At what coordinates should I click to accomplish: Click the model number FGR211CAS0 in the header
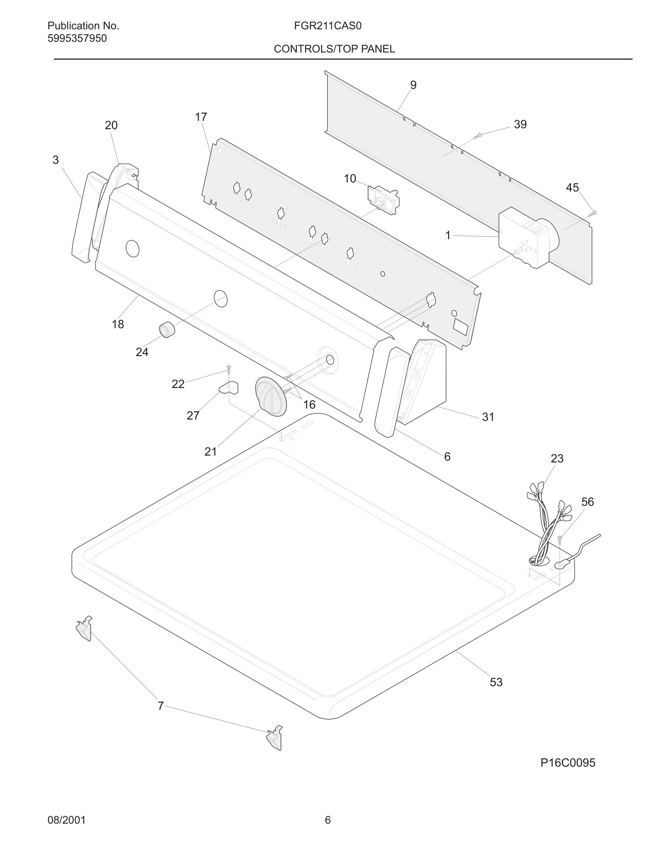328,26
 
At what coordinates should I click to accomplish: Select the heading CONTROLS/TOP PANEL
334,49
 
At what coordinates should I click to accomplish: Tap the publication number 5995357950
77,39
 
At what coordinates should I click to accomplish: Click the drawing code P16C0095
567,763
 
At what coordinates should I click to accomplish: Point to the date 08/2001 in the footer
66,820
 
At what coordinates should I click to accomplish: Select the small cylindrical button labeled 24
167,330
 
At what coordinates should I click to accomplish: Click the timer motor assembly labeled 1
525,238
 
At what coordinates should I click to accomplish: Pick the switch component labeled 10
383,200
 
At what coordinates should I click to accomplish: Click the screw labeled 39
478,136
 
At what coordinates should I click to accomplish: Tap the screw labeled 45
593,213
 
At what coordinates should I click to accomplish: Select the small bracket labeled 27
229,388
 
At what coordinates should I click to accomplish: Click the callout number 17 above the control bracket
201,116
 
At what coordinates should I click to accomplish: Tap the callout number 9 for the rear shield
413,85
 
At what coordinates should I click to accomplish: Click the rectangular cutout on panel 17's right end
460,327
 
